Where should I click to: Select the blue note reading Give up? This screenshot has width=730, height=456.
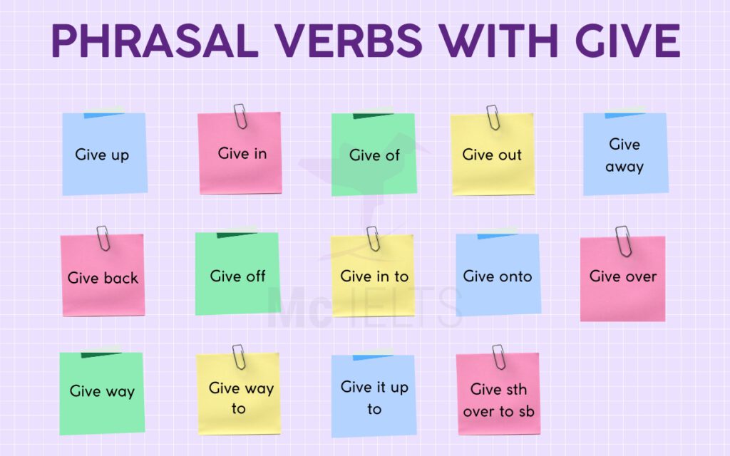point(104,154)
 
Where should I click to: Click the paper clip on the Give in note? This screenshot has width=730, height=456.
point(240,116)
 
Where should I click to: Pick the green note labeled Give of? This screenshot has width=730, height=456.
point(374,154)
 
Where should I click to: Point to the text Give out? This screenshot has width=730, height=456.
point(492,155)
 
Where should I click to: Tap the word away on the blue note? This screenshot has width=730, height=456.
point(624,167)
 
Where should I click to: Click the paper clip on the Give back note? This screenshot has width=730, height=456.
point(103,238)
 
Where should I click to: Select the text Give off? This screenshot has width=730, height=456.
point(237,276)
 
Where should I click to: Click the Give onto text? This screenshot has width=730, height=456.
point(498,276)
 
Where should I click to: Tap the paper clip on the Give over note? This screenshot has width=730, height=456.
point(623,240)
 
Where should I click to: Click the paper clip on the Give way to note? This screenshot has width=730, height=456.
point(239,356)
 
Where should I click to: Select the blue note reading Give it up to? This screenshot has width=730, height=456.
point(374,396)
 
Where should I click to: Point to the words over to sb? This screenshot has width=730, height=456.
point(498,411)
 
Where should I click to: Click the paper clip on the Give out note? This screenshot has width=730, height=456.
point(493,117)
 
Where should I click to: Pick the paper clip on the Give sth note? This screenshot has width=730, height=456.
point(498,356)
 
